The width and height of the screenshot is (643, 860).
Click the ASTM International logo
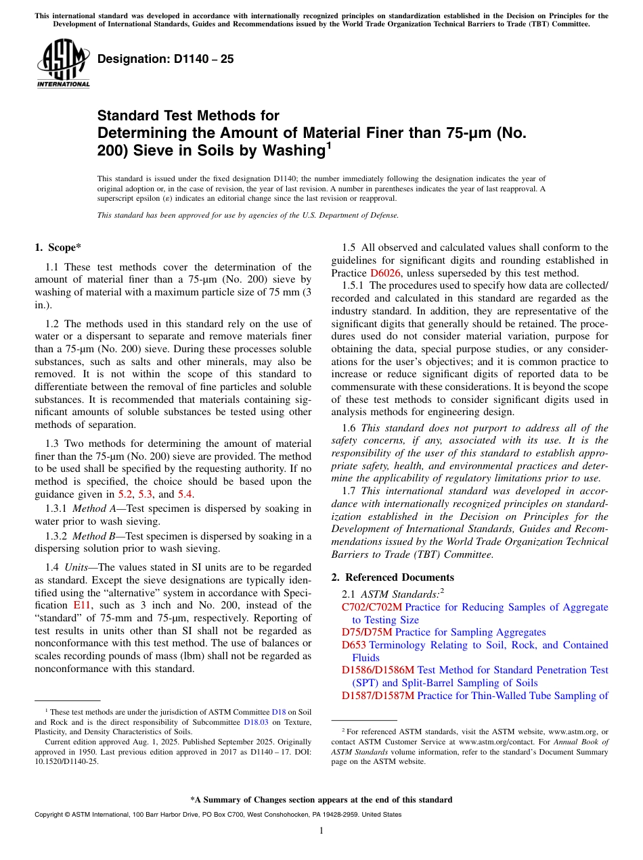[63, 63]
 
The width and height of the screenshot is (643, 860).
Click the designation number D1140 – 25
[166, 59]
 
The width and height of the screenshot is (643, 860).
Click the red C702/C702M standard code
[372, 607]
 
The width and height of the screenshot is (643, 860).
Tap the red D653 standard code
[354, 645]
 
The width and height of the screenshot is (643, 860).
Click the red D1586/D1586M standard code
[378, 670]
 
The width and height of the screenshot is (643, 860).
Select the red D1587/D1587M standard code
[378, 695]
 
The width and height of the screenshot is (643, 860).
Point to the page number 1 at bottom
[321, 831]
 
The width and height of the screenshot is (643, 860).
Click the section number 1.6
[349, 428]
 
